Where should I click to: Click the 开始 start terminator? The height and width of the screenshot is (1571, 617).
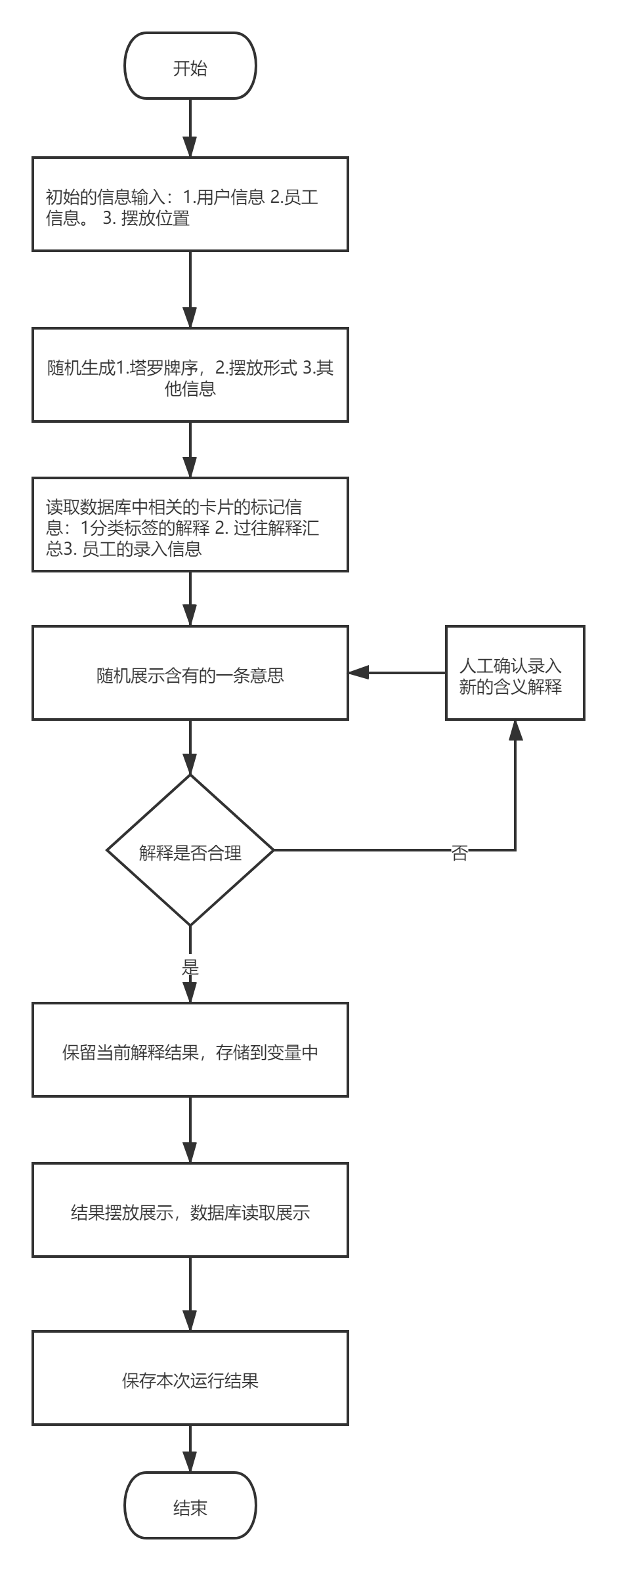(190, 66)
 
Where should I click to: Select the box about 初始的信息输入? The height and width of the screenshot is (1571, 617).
(190, 204)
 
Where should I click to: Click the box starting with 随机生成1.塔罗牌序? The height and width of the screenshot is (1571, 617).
(190, 375)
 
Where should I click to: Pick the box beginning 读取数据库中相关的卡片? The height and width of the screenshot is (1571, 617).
(190, 525)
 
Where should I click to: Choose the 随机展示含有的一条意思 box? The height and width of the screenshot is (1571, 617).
(190, 674)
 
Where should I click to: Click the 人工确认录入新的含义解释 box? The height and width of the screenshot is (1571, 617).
(515, 674)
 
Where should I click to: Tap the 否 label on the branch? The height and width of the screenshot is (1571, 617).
(459, 851)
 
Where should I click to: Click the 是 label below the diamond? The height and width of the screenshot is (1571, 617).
(190, 966)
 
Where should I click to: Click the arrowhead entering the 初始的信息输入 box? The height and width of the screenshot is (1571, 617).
(190, 148)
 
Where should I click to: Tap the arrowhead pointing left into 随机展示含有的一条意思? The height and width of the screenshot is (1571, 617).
(358, 673)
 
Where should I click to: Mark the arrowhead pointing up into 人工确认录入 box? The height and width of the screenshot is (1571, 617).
(515, 729)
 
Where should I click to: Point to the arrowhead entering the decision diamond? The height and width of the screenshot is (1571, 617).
(190, 765)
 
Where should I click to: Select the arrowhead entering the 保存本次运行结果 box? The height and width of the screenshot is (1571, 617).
(190, 1321)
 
